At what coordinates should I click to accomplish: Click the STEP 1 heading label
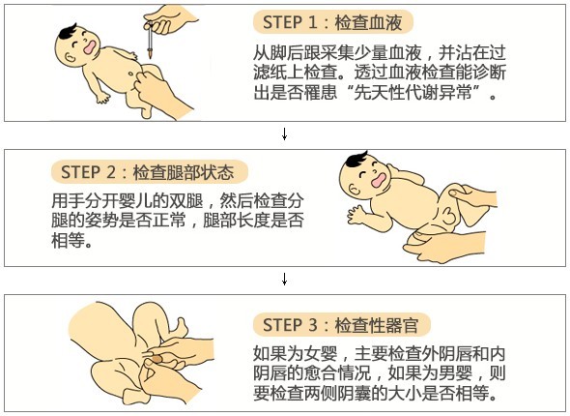tap(333, 22)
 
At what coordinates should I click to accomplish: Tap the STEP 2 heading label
tap(150, 172)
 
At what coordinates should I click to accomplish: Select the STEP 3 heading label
tap(342, 325)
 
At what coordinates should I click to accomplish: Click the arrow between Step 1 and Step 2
tap(285, 134)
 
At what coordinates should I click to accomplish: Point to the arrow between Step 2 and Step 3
tap(285, 280)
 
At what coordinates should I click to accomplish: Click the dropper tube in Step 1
tap(150, 40)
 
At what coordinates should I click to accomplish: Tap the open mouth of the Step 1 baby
tap(90, 47)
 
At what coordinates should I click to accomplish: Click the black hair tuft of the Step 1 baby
tap(67, 32)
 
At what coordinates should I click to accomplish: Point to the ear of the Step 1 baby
tap(69, 56)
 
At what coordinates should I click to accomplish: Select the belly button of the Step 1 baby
tap(130, 74)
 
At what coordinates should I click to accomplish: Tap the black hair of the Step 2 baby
tap(356, 159)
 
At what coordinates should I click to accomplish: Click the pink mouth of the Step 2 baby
tap(378, 180)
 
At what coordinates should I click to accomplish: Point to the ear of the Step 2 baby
tap(354, 190)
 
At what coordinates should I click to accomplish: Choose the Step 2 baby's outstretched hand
tap(356, 215)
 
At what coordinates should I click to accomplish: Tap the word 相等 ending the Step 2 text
tap(68, 240)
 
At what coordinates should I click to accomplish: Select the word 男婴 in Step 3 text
tap(455, 373)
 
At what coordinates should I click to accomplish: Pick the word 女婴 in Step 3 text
tap(321, 353)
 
